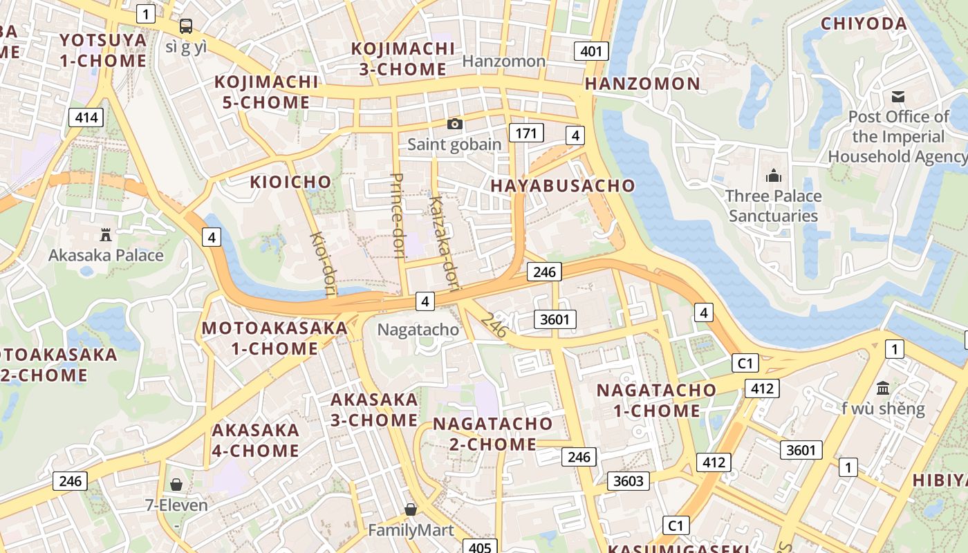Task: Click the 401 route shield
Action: coord(591,50)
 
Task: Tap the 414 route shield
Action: coord(86,118)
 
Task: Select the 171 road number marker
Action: coord(525,133)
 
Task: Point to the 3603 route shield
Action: coord(628,480)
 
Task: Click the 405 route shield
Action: coord(479,547)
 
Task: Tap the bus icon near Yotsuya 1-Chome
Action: coord(186,26)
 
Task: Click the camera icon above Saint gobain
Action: coord(454,124)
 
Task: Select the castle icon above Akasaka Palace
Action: coord(106,235)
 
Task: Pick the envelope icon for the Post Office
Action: coord(898,96)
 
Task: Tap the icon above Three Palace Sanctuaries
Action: coord(774,176)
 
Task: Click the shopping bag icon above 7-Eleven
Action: coord(176,485)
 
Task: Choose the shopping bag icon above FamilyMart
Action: coord(411,509)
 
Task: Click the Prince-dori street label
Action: coord(397,216)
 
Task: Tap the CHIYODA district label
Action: coord(864,24)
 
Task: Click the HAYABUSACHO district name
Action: coord(562,185)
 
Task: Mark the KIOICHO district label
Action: coord(290,182)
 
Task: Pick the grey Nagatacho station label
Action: coord(418,330)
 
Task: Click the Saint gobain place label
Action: coord(454,144)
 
